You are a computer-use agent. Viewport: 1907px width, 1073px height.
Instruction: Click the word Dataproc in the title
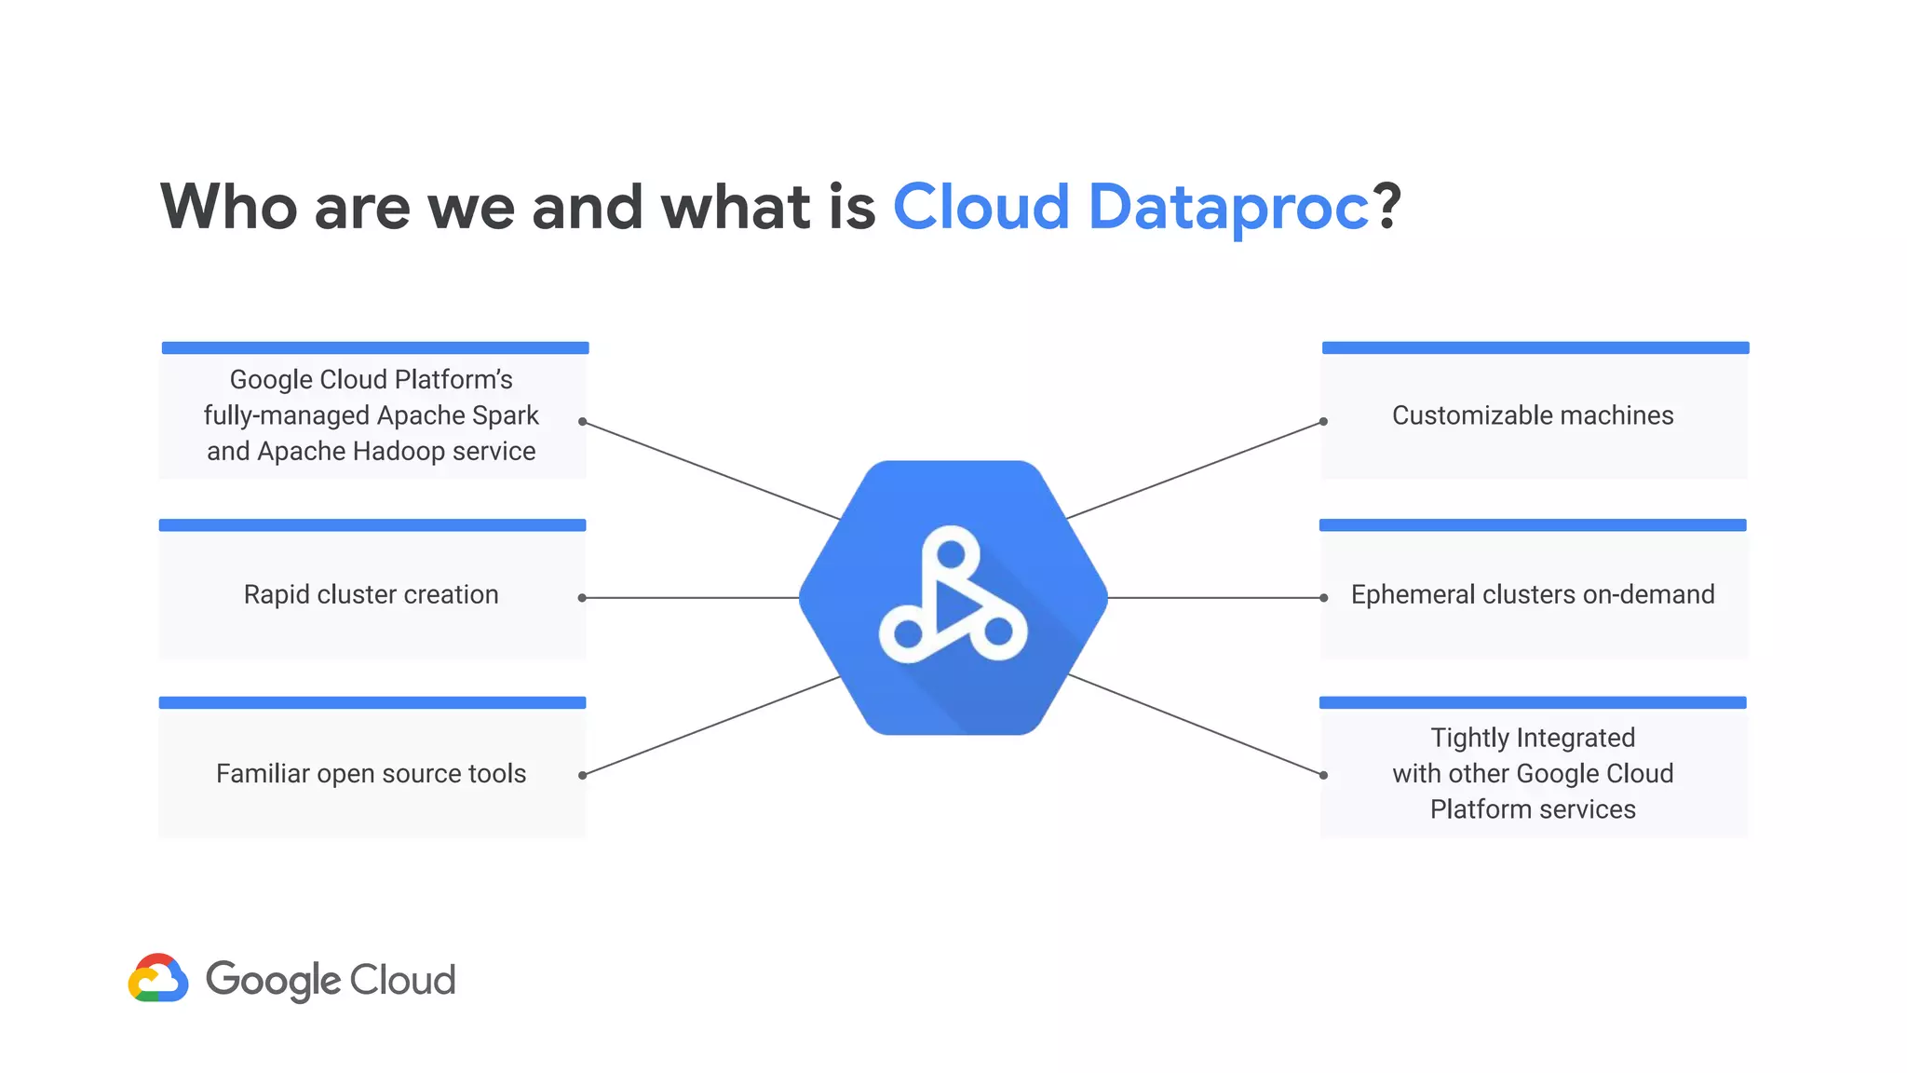tap(1228, 207)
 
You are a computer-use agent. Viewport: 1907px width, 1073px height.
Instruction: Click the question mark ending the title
tap(1386, 207)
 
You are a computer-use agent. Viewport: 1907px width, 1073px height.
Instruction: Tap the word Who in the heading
tap(229, 207)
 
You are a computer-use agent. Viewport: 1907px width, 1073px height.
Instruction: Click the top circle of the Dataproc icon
tap(951, 554)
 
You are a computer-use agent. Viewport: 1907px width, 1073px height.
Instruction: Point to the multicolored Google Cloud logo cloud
tap(158, 979)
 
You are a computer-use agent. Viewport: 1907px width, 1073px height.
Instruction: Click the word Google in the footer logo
tap(273, 981)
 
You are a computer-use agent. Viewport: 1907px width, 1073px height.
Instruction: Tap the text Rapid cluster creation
tap(371, 594)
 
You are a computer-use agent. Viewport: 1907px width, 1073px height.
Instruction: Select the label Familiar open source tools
tap(371, 773)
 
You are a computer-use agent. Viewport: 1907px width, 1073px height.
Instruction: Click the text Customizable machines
tap(1533, 415)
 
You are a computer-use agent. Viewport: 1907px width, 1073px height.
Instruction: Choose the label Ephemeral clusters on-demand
tap(1533, 594)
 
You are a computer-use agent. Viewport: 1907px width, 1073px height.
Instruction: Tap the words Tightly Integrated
tap(1533, 738)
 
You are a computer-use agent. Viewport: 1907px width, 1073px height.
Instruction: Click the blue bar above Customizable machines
tap(1535, 347)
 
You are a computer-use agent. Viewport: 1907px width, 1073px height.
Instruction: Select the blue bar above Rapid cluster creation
tap(372, 525)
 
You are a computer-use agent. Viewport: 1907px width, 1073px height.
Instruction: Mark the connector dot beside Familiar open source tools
tap(582, 775)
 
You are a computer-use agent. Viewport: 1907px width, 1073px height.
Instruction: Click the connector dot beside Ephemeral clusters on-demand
tap(1323, 598)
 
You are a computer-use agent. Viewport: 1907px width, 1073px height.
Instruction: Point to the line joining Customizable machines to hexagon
tap(1195, 469)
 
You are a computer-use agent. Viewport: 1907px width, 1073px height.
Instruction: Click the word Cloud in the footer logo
tap(402, 980)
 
